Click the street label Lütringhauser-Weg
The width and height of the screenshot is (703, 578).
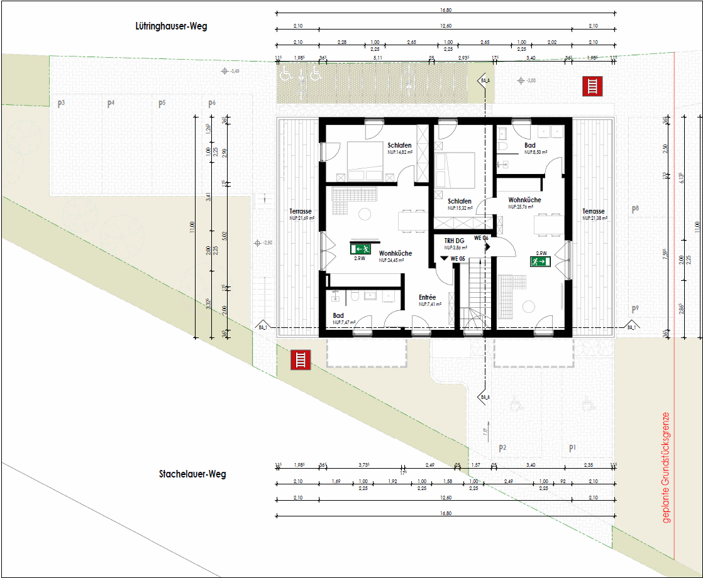pos(170,26)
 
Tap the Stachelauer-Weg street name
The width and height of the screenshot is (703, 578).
pos(192,474)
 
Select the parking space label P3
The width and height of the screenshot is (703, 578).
pos(61,104)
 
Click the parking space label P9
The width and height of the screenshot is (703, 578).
pos(635,309)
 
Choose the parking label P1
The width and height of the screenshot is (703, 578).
pos(572,448)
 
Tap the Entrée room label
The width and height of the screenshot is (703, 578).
pos(428,298)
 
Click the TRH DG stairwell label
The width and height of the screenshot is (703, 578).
pos(454,241)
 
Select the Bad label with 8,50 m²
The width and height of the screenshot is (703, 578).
pos(529,145)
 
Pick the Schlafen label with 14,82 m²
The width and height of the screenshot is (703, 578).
pos(399,145)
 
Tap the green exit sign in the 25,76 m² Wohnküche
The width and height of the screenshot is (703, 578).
pos(540,261)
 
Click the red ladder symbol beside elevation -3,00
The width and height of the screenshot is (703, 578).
pos(592,86)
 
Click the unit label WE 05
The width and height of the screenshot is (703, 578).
pos(457,259)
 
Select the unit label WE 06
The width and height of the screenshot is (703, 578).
pos(481,238)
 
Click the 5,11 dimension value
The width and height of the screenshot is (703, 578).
pos(378,58)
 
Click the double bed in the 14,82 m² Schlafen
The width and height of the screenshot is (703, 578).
pos(357,161)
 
